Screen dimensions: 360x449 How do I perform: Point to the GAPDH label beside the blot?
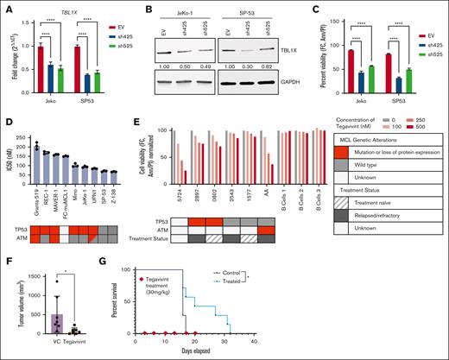pos(278,85)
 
